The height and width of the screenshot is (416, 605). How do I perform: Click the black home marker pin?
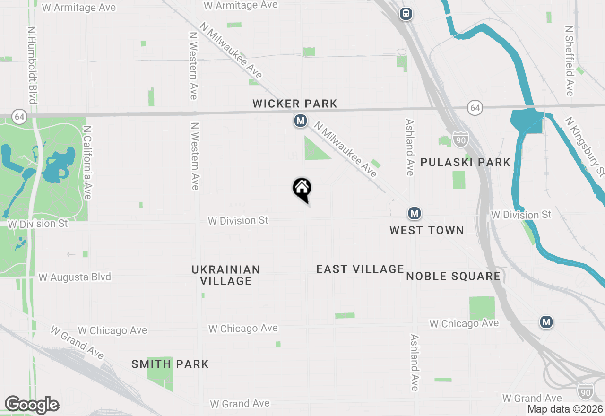(x=302, y=189)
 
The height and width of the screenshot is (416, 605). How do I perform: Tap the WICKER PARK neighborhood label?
(x=294, y=104)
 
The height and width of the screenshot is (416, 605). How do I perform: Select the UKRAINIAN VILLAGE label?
(x=226, y=275)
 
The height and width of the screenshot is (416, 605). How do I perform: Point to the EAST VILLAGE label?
(x=360, y=269)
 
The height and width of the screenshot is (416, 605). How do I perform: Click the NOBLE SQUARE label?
(x=453, y=277)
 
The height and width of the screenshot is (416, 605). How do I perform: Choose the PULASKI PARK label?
(x=465, y=163)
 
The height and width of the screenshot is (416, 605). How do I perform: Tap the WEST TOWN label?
(x=426, y=230)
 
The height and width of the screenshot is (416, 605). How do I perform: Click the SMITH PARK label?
(x=170, y=364)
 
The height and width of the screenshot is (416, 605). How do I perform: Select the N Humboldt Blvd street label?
(x=32, y=64)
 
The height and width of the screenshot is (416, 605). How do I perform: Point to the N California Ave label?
(x=86, y=162)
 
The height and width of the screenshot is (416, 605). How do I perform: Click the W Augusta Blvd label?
(x=75, y=277)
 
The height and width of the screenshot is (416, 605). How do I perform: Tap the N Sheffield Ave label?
(x=570, y=60)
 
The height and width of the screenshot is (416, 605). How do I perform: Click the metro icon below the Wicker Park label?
(x=300, y=121)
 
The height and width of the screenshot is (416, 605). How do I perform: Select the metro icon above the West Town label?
(x=415, y=214)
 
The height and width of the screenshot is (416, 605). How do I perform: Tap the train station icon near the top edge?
(x=406, y=14)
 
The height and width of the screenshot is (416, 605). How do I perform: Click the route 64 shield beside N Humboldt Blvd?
(x=19, y=116)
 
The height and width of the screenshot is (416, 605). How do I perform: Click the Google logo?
(x=32, y=405)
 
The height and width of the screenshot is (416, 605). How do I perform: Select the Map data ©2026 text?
(x=565, y=409)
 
